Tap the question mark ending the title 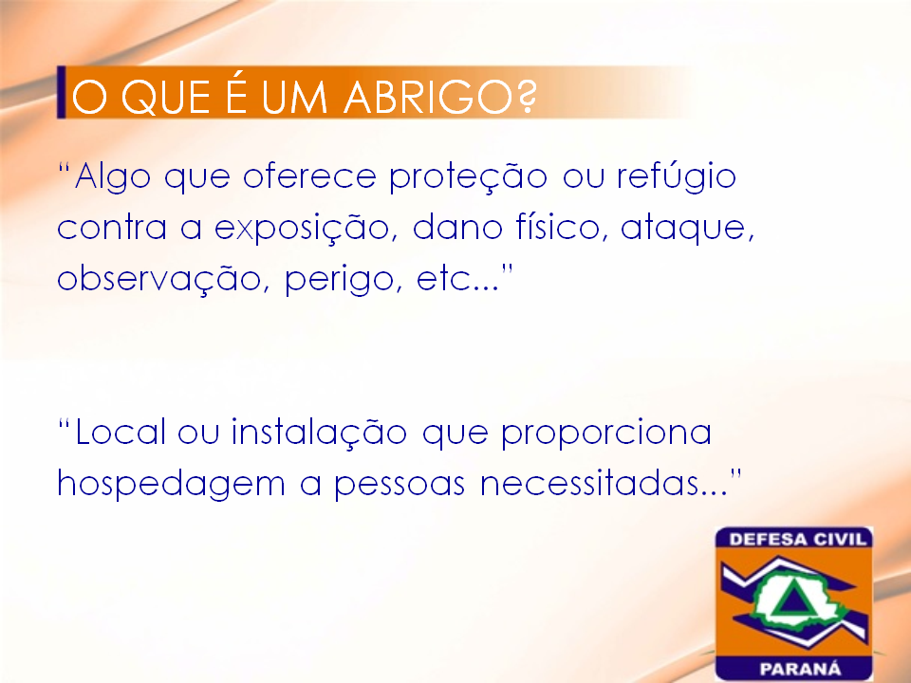[x=525, y=97]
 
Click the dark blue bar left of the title [x=61, y=92]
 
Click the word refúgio [x=677, y=176]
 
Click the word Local [x=121, y=432]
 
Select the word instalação [x=319, y=433]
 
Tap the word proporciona [x=606, y=434]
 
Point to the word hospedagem [x=171, y=485]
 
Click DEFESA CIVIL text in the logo [x=797, y=539]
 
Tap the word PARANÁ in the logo [x=800, y=669]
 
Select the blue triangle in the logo [x=789, y=600]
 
